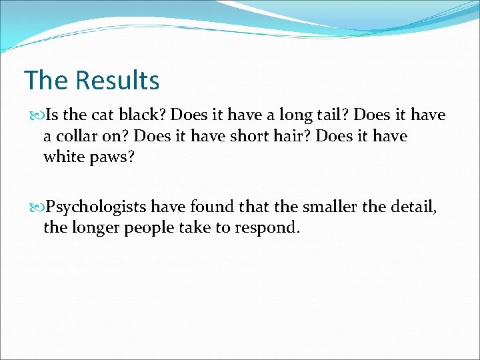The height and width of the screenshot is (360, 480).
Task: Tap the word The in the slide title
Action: pyautogui.click(x=47, y=81)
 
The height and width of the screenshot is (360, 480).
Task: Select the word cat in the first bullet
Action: pyautogui.click(x=94, y=115)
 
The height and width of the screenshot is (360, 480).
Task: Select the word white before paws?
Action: pyautogui.click(x=63, y=157)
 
